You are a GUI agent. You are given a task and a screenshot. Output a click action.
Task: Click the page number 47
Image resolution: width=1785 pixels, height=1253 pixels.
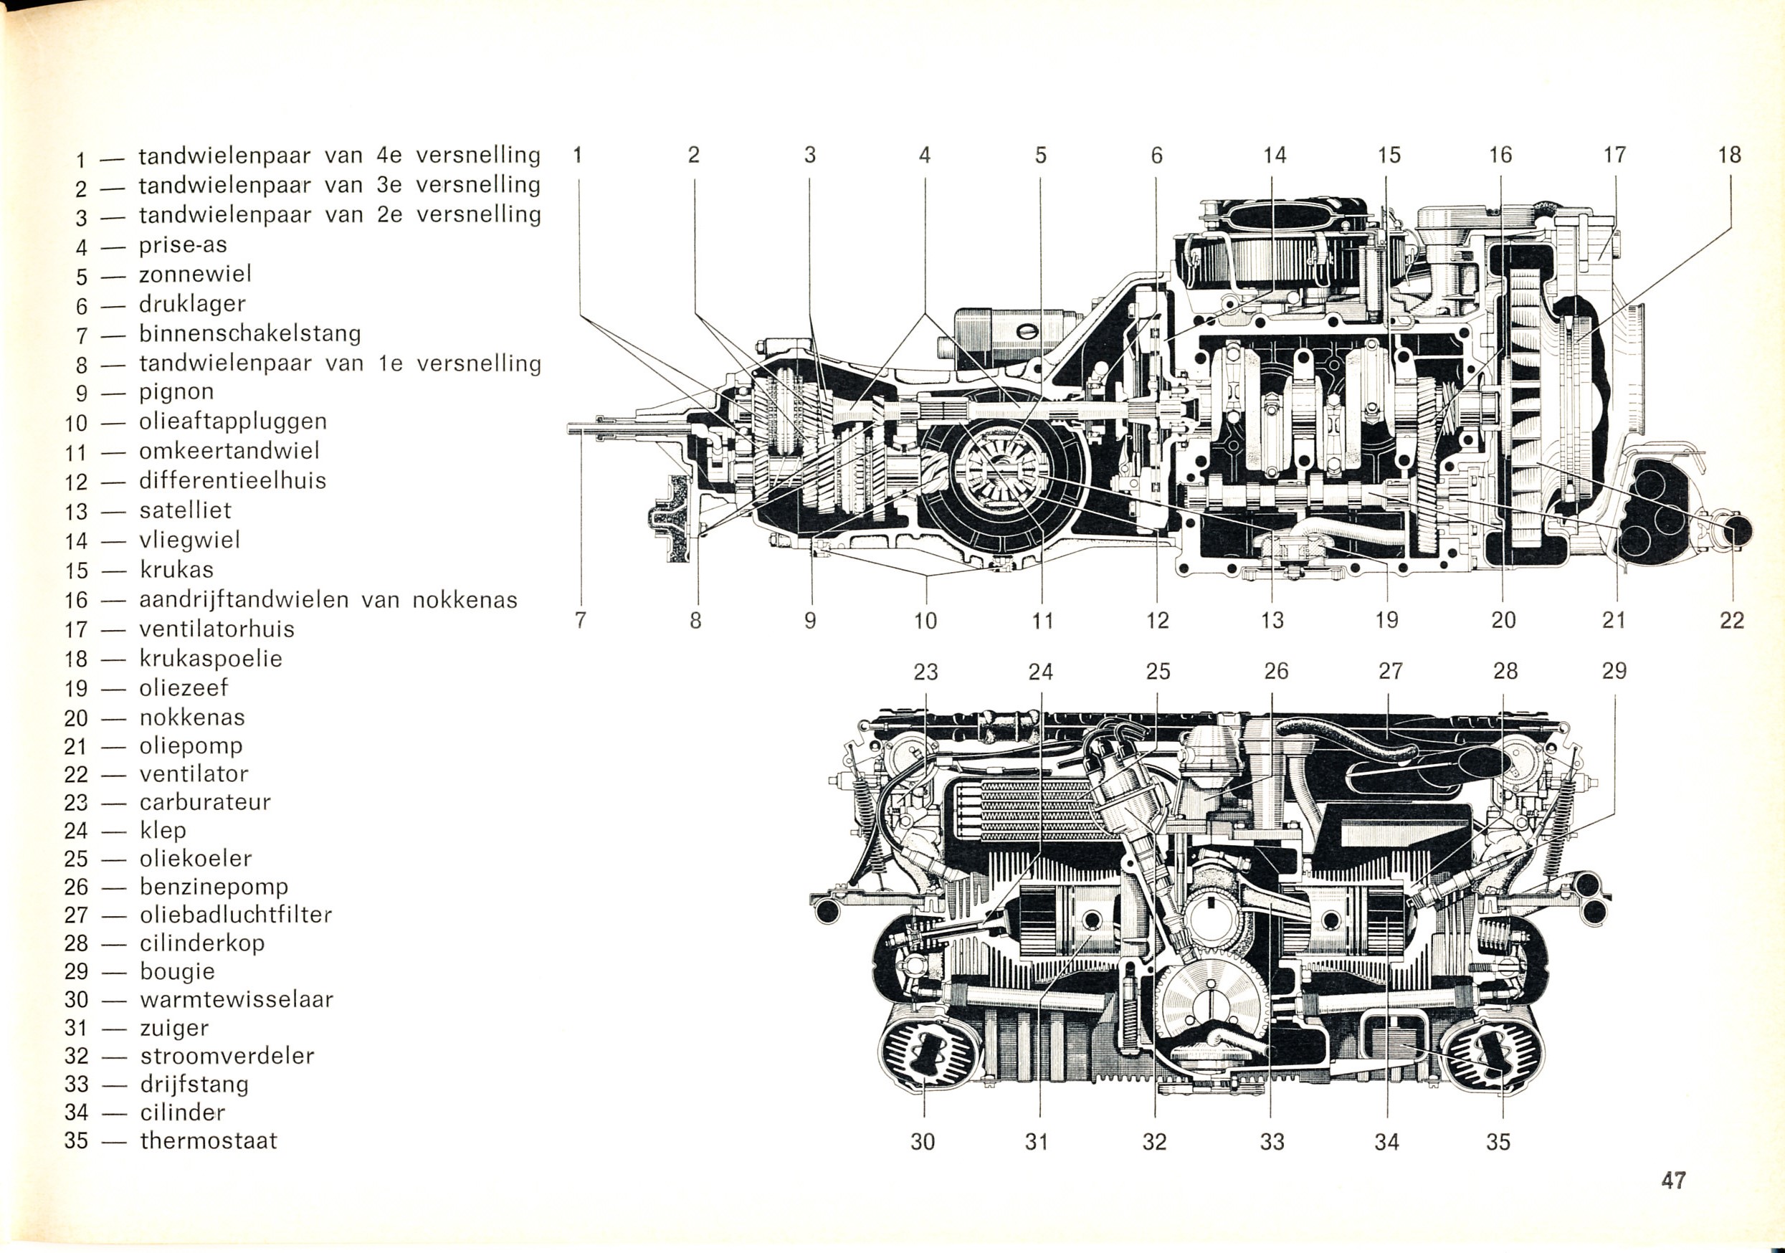click(1673, 1181)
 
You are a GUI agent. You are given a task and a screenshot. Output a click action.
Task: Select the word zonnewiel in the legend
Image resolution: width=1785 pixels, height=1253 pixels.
click(195, 275)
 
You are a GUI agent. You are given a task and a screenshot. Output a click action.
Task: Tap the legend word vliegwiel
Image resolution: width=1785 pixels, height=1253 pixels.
click(190, 540)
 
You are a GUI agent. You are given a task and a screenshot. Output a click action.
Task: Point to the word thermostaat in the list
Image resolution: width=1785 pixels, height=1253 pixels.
click(209, 1141)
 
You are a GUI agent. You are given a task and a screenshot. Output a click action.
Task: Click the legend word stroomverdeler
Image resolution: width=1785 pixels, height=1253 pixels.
click(227, 1057)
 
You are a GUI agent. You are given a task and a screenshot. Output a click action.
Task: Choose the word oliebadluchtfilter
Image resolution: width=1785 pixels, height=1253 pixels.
click(236, 915)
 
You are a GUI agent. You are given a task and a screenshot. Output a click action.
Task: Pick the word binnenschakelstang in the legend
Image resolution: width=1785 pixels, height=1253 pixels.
click(249, 333)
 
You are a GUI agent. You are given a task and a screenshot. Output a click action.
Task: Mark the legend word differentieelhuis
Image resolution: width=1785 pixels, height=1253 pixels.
click(232, 481)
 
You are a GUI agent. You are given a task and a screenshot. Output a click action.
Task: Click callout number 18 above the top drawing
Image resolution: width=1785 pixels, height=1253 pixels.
click(1729, 155)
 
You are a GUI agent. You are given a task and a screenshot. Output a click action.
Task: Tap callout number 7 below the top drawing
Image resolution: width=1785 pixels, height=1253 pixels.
click(580, 620)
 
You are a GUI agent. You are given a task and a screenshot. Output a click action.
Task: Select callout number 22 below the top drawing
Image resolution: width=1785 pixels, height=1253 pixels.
click(1731, 620)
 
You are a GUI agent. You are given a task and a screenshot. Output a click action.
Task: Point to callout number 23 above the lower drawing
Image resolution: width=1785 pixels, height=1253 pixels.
click(925, 672)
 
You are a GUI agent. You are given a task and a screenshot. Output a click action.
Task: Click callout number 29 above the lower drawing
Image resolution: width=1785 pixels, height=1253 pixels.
click(1614, 671)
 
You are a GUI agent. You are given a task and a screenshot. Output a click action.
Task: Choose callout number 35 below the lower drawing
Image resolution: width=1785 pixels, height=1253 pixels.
click(1498, 1142)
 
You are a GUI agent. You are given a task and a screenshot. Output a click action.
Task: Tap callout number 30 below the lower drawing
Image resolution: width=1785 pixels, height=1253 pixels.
click(923, 1142)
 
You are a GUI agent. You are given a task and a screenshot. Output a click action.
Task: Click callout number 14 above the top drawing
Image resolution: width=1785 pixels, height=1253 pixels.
click(1274, 156)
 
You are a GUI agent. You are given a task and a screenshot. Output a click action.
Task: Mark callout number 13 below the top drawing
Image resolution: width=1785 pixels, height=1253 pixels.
click(1272, 620)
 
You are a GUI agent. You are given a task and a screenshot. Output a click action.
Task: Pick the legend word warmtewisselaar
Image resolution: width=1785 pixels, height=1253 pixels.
click(237, 999)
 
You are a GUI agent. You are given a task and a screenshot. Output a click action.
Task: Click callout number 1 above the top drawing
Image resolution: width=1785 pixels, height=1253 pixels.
click(578, 155)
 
